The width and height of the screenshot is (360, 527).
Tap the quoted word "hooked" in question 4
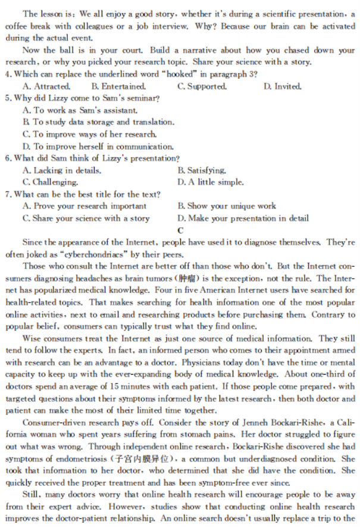tap(184, 74)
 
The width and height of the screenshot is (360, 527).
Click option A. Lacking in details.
tap(62, 170)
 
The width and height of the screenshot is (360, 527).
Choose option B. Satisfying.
tap(202, 170)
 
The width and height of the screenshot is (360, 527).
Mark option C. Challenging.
tap(51, 182)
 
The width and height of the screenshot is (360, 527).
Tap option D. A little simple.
tap(211, 182)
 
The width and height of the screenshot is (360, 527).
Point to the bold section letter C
tap(180, 230)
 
